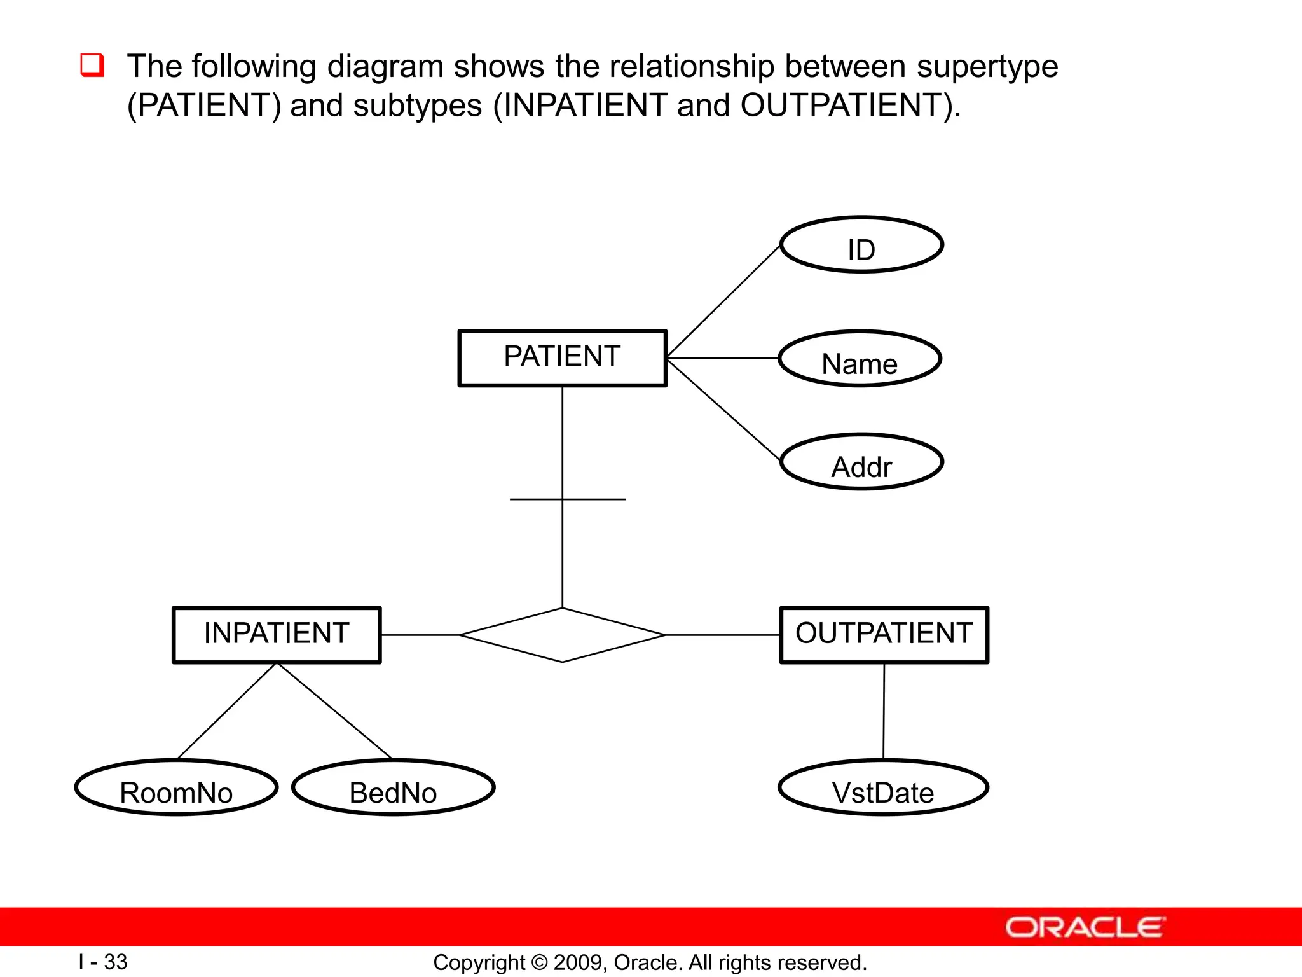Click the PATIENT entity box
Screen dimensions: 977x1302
(x=562, y=358)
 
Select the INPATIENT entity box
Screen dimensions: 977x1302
(x=277, y=635)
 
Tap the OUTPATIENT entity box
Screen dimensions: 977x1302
(x=884, y=635)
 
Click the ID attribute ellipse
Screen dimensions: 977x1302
(x=861, y=245)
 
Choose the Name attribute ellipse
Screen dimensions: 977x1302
(x=860, y=359)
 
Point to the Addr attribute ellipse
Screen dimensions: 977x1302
(x=861, y=462)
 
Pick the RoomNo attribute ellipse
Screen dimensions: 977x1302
(x=176, y=787)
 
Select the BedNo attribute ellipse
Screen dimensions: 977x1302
(x=393, y=787)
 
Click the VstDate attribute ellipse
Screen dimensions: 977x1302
(x=883, y=787)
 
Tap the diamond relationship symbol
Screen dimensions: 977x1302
(x=562, y=635)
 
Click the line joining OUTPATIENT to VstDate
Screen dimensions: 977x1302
(x=884, y=711)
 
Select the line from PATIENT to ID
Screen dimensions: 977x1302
(x=723, y=301)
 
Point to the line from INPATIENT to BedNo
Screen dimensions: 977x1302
(x=334, y=711)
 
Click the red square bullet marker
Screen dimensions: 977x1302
(x=92, y=66)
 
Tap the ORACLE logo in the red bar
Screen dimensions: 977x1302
(x=1085, y=927)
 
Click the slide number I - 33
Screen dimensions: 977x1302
(x=103, y=962)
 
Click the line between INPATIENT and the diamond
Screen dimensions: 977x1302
(x=420, y=635)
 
